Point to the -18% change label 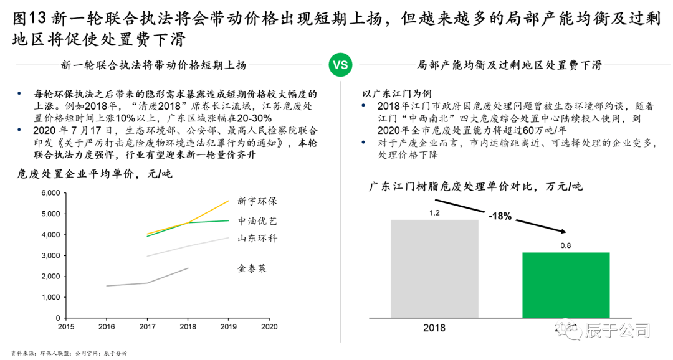(x=500, y=216)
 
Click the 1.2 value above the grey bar (x=434, y=212)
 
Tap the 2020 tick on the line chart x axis (x=269, y=326)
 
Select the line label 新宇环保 (x=257, y=201)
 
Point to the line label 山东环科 (x=257, y=238)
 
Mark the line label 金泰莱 (x=252, y=268)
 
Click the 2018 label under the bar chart (x=434, y=328)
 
